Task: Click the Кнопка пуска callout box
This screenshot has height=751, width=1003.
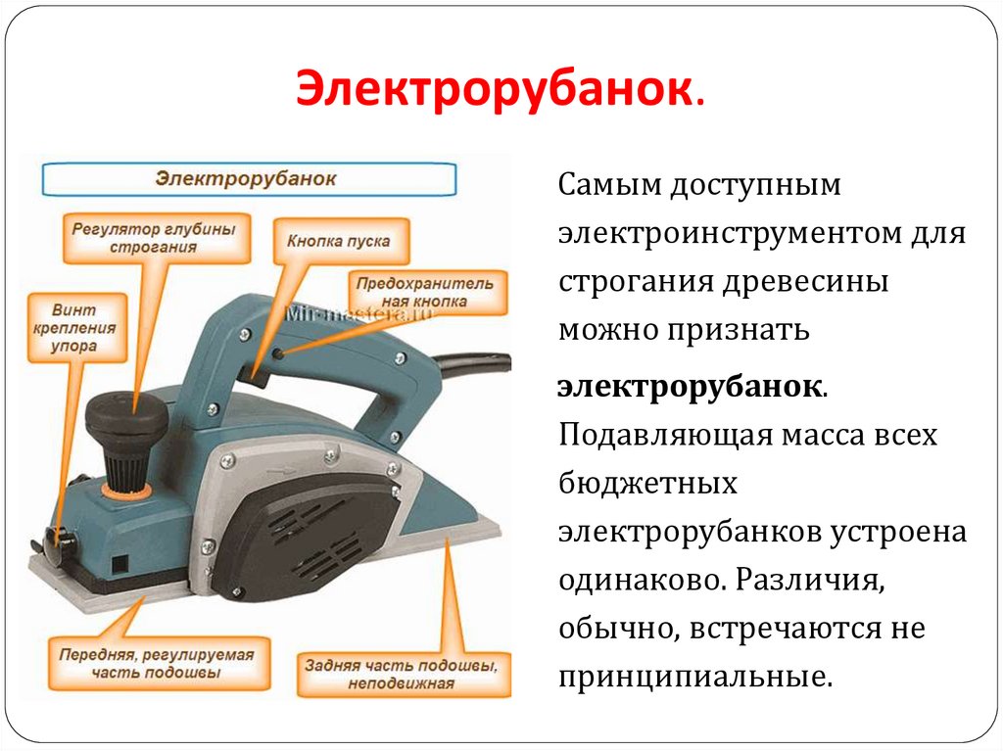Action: pyautogui.click(x=338, y=240)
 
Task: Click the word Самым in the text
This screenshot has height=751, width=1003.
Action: pyautogui.click(x=609, y=185)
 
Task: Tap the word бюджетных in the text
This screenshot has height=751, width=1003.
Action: pyautogui.click(x=647, y=483)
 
